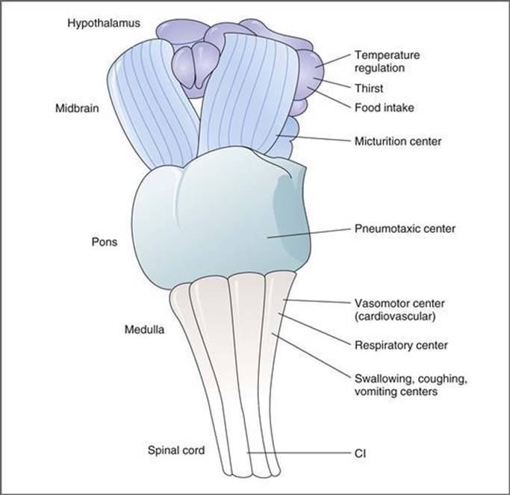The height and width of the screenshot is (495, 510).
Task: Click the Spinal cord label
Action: [x=175, y=451]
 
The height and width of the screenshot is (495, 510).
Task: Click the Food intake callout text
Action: [x=384, y=108]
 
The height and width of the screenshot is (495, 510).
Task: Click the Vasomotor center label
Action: [x=398, y=303]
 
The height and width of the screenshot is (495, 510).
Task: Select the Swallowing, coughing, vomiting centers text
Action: [x=409, y=385]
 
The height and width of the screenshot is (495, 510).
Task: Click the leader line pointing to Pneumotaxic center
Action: [x=306, y=232]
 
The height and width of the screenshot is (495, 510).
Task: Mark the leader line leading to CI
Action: [x=299, y=452]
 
